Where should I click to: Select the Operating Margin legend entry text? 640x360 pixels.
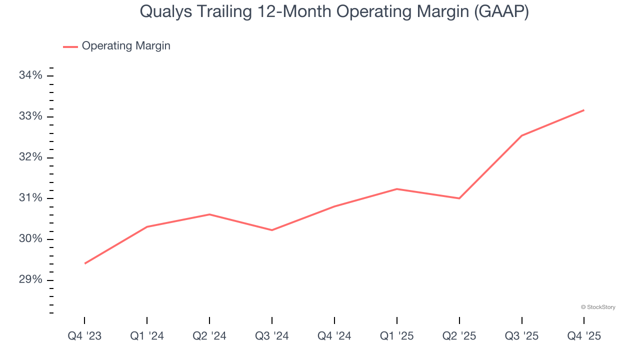(126, 46)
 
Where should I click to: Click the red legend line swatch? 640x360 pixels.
(70, 46)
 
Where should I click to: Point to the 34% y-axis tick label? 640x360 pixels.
(30, 75)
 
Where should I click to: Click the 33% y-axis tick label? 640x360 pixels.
(30, 116)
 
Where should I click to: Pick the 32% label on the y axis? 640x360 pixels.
(30, 157)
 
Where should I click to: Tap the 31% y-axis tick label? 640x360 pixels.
(30, 198)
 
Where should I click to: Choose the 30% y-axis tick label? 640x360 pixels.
(30, 239)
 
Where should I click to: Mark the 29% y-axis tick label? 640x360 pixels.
(30, 280)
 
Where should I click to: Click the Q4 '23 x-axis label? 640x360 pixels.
(84, 336)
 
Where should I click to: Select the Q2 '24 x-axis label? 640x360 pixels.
(209, 336)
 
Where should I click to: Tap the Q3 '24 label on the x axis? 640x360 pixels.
(272, 336)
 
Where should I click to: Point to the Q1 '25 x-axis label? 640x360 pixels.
(397, 336)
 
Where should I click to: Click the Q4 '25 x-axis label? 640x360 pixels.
(584, 336)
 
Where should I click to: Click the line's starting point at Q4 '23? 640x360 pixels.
(85, 263)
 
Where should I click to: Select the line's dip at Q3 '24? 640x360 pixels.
(272, 230)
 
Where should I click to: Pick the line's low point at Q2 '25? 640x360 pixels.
(459, 198)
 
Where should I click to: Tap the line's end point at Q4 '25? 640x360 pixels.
(583, 110)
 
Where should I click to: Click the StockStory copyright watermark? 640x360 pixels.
(598, 307)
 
